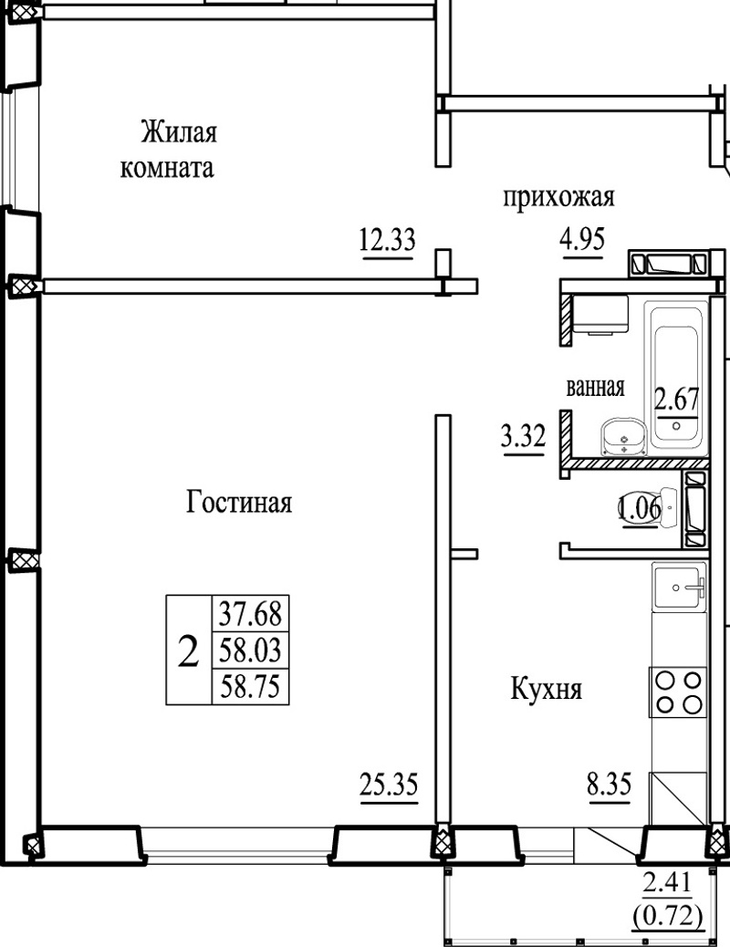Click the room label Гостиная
pos(239,503)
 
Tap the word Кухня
pos(547,689)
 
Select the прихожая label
pos(558,197)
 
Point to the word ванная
pos(595,387)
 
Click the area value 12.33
pos(388,239)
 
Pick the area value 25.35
pos(389,786)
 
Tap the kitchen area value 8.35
pos(610,786)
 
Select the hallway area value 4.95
pos(582,239)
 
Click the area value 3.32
pos(524,436)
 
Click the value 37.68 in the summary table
pos(250,615)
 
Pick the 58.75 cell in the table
pos(250,687)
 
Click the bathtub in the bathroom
pos(675,378)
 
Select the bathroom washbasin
pos(624,435)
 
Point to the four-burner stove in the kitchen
pos(678,692)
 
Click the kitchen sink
pos(679,587)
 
